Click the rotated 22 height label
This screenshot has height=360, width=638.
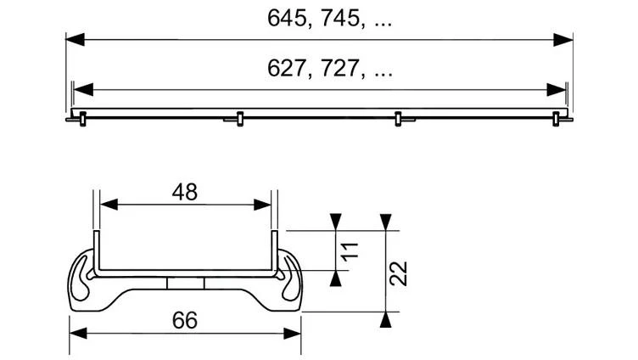click(401, 272)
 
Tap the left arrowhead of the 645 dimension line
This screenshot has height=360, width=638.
click(75, 39)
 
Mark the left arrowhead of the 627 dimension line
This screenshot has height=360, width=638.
click(82, 89)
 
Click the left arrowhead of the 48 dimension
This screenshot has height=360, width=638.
click(107, 205)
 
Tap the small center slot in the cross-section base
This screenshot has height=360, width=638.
click(185, 282)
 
